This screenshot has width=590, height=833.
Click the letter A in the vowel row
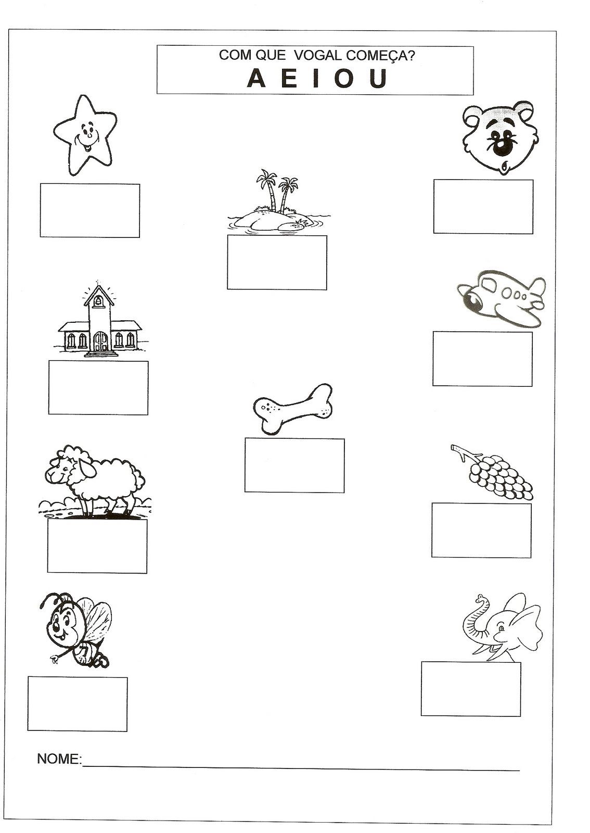click(256, 79)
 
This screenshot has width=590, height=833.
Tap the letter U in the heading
click(378, 79)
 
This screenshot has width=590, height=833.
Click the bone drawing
click(293, 409)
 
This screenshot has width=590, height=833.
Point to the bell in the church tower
click(98, 301)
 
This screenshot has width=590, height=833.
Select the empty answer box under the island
click(277, 262)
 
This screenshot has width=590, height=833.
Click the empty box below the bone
click(294, 465)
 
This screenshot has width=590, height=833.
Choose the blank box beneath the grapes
click(481, 531)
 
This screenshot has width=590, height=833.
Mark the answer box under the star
click(90, 210)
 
